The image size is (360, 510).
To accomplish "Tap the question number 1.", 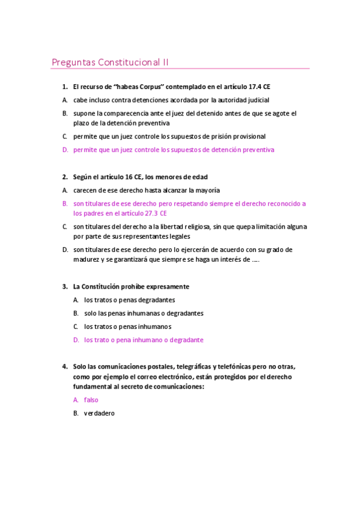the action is click(x=64, y=87).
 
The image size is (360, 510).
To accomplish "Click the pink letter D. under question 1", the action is click(x=65, y=150).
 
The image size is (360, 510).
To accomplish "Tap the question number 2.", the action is click(x=64, y=177).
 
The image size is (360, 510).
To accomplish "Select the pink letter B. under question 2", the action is click(x=65, y=203).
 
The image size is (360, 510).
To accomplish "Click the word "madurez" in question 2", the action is click(x=87, y=259).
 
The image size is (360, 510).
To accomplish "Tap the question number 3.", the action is click(x=64, y=286).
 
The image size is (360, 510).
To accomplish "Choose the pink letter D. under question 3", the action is click(x=76, y=340).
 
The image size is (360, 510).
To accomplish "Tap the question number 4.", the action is click(x=64, y=366).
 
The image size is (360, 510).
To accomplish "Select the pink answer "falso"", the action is click(x=91, y=399).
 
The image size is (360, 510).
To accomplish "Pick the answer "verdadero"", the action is click(x=99, y=413).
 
